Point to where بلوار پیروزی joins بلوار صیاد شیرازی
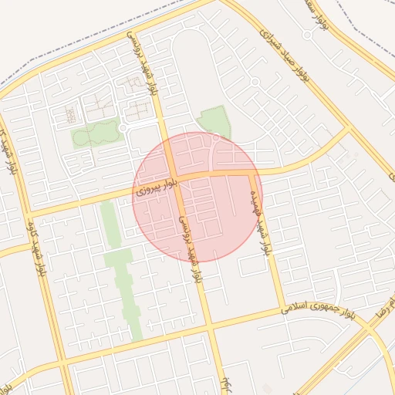coord(351,130)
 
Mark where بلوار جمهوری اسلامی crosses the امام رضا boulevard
coord(371,316)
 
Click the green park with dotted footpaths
coord(96,135)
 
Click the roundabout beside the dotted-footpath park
coord(123,128)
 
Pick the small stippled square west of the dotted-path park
coord(70,115)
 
